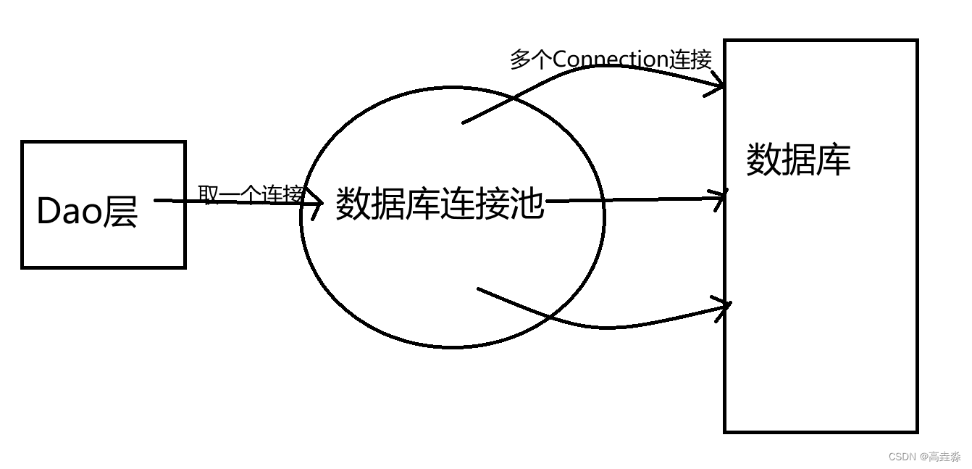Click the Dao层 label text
click(x=87, y=212)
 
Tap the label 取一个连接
click(x=251, y=194)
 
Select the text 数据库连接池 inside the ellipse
click(x=439, y=204)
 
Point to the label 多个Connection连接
click(x=611, y=59)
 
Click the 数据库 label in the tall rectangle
click(x=798, y=159)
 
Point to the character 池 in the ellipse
click(x=527, y=204)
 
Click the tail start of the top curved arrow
click(x=464, y=123)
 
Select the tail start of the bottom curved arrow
click(x=479, y=289)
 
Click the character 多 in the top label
click(x=520, y=59)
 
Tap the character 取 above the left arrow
click(x=208, y=194)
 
